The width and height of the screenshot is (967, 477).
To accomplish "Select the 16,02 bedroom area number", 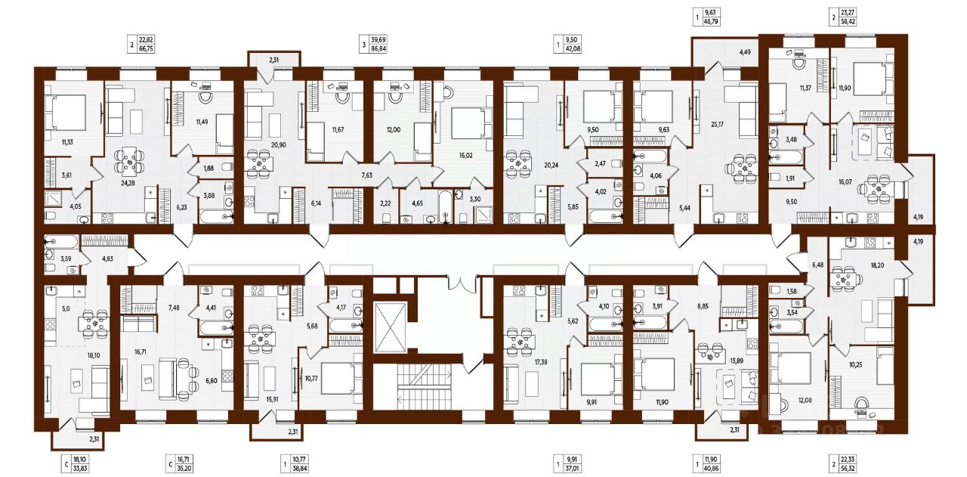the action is (x=465, y=155).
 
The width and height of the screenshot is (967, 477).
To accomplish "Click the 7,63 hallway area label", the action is (x=367, y=175).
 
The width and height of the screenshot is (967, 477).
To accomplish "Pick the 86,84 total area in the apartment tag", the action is (x=378, y=49).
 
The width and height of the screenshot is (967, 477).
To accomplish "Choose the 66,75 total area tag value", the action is (x=146, y=49).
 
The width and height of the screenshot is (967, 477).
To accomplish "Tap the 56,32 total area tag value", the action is (x=848, y=468).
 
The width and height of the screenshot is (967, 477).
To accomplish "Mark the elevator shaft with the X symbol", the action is (x=391, y=327).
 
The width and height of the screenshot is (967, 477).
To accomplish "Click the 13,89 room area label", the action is (x=737, y=361).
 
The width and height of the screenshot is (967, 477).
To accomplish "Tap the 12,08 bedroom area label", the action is (x=805, y=400).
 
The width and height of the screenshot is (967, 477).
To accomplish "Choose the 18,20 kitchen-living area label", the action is (x=878, y=265).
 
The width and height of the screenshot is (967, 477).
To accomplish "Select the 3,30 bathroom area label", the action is (x=475, y=199).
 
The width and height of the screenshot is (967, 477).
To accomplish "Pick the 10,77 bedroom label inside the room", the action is (x=311, y=378).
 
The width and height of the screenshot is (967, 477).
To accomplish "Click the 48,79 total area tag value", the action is (x=711, y=20).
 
